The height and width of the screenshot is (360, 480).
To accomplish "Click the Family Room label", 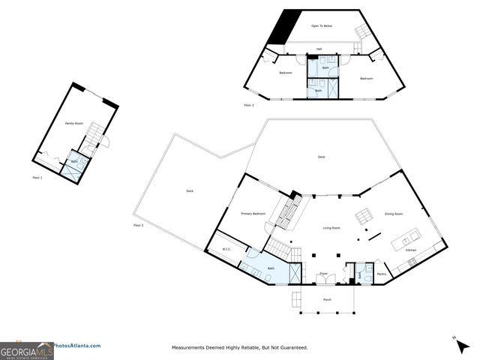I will (73, 123).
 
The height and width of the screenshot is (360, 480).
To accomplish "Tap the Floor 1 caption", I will (37, 178).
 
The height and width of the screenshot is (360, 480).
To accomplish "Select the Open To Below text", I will (322, 26).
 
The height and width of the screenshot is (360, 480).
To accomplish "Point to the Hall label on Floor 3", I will (319, 49).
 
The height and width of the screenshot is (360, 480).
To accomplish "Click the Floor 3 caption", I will (249, 106).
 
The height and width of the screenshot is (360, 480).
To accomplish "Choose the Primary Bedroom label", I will (253, 214).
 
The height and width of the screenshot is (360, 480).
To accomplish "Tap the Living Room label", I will (331, 228).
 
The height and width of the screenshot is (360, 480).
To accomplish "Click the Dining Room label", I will (394, 214).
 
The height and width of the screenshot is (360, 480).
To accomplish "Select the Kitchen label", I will (411, 250).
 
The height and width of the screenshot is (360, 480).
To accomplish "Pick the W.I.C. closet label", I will (225, 250).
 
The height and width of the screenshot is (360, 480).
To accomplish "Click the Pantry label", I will (381, 274).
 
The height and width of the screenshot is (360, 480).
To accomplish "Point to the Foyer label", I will (323, 274).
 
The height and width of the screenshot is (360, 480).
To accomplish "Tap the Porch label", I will (327, 299).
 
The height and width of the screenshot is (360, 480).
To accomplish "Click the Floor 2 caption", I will (138, 225).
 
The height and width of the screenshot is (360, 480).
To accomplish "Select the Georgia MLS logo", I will (26, 349).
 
